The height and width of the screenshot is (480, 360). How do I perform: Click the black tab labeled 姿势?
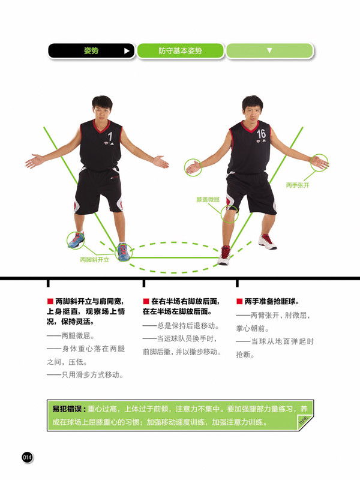(x=91, y=51)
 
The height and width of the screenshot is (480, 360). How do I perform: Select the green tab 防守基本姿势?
(x=180, y=51)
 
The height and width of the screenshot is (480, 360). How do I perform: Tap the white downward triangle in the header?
(x=269, y=51)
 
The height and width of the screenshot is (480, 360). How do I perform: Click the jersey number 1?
(x=110, y=137)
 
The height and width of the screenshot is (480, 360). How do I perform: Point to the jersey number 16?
(x=261, y=133)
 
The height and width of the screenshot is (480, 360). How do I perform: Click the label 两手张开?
(x=297, y=185)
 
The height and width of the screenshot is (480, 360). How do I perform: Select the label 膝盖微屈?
(x=208, y=199)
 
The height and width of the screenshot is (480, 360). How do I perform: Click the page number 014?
(x=27, y=457)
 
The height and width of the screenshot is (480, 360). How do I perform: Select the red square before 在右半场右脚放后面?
(x=145, y=301)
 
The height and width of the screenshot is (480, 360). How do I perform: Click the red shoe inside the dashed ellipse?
(x=224, y=254)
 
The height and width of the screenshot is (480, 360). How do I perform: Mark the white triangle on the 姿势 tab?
(x=127, y=51)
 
